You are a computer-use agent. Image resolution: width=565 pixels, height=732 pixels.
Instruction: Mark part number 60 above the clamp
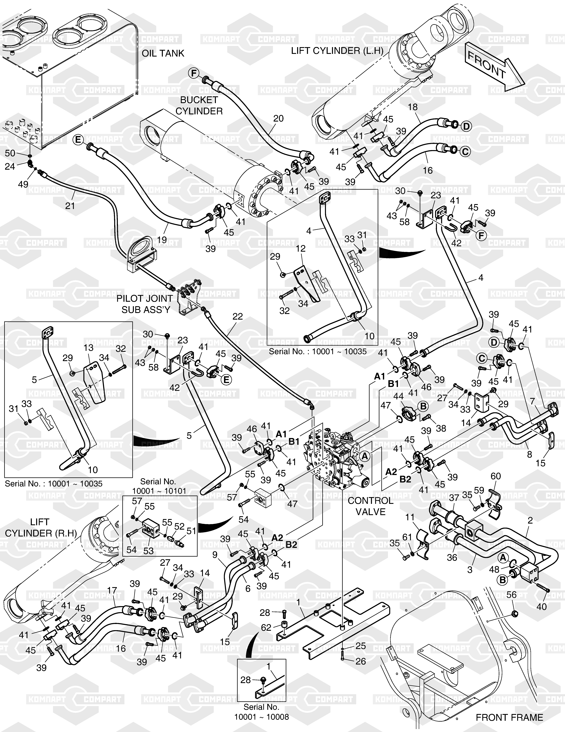coord(496,476)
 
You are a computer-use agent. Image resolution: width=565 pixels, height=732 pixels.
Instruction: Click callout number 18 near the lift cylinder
coord(413,107)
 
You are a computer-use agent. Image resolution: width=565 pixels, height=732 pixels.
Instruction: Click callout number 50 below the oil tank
coord(10,153)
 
